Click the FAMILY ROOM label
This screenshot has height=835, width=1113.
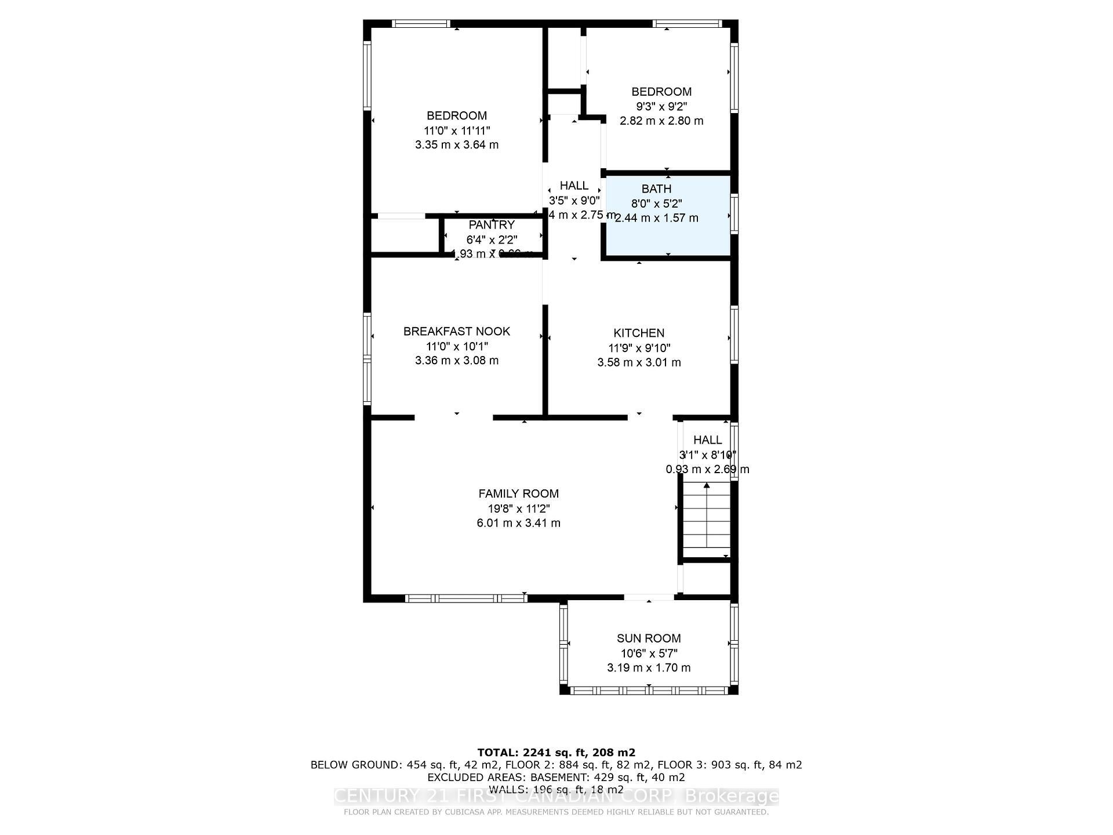518,493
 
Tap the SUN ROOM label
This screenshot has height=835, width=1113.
648,638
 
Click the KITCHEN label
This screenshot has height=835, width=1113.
639,333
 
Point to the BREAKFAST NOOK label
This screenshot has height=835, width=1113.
457,331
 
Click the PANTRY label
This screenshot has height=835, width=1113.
492,225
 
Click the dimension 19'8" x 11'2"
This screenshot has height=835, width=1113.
518,509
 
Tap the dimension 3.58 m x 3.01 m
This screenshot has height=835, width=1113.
639,362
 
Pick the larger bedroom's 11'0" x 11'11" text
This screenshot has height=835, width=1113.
457,130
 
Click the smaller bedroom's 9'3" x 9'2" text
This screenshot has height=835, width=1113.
661,107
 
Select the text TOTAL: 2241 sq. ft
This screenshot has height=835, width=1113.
556,753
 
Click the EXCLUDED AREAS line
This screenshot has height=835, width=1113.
556,777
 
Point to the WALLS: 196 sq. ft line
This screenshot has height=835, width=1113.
556,789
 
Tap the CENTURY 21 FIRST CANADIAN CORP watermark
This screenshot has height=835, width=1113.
556,797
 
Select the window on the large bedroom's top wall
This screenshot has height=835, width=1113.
420,24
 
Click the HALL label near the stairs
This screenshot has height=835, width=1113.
707,440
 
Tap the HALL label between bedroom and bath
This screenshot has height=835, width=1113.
574,186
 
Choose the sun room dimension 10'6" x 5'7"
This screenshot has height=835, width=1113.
648,654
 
